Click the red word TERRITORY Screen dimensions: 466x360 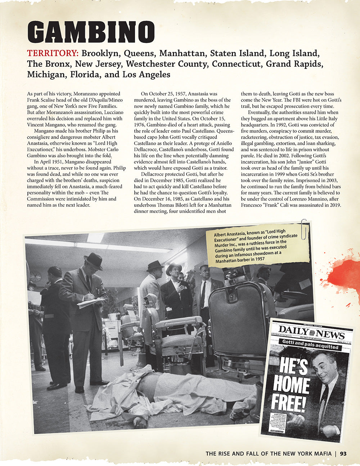point(53,53)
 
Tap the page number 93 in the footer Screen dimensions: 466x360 point(343,453)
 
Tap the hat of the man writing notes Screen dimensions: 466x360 point(93,260)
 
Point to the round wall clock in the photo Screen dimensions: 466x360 point(35,276)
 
